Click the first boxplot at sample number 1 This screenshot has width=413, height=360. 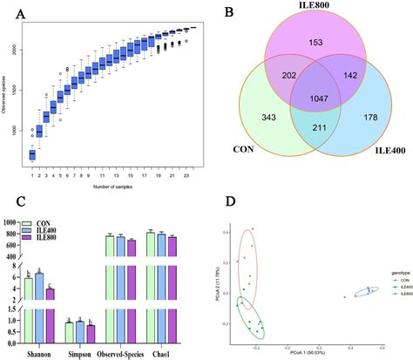tap(33, 155)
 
